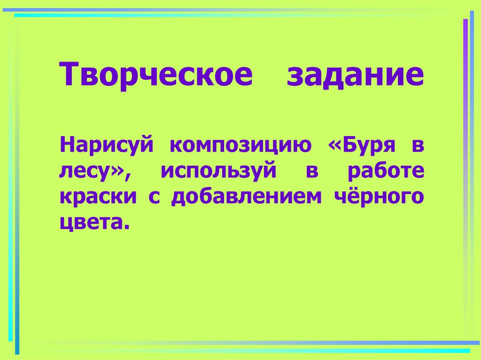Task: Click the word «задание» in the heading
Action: pyautogui.click(x=355, y=75)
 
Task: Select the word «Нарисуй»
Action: pyautogui.click(x=107, y=146)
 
